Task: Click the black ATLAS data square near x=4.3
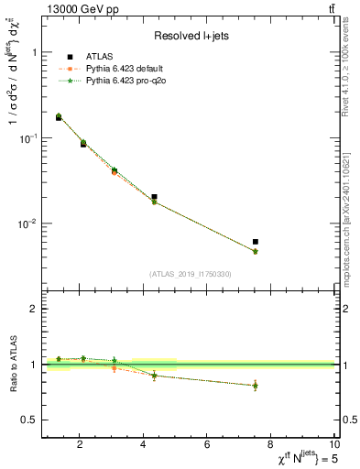pyautogui.click(x=154, y=197)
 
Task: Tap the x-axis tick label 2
pyautogui.click(x=81, y=446)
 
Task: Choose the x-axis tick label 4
pyautogui.click(x=144, y=446)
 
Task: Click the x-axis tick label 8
pyautogui.click(x=271, y=446)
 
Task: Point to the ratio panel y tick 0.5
pyautogui.click(x=31, y=420)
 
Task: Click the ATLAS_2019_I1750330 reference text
pyautogui.click(x=191, y=274)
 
